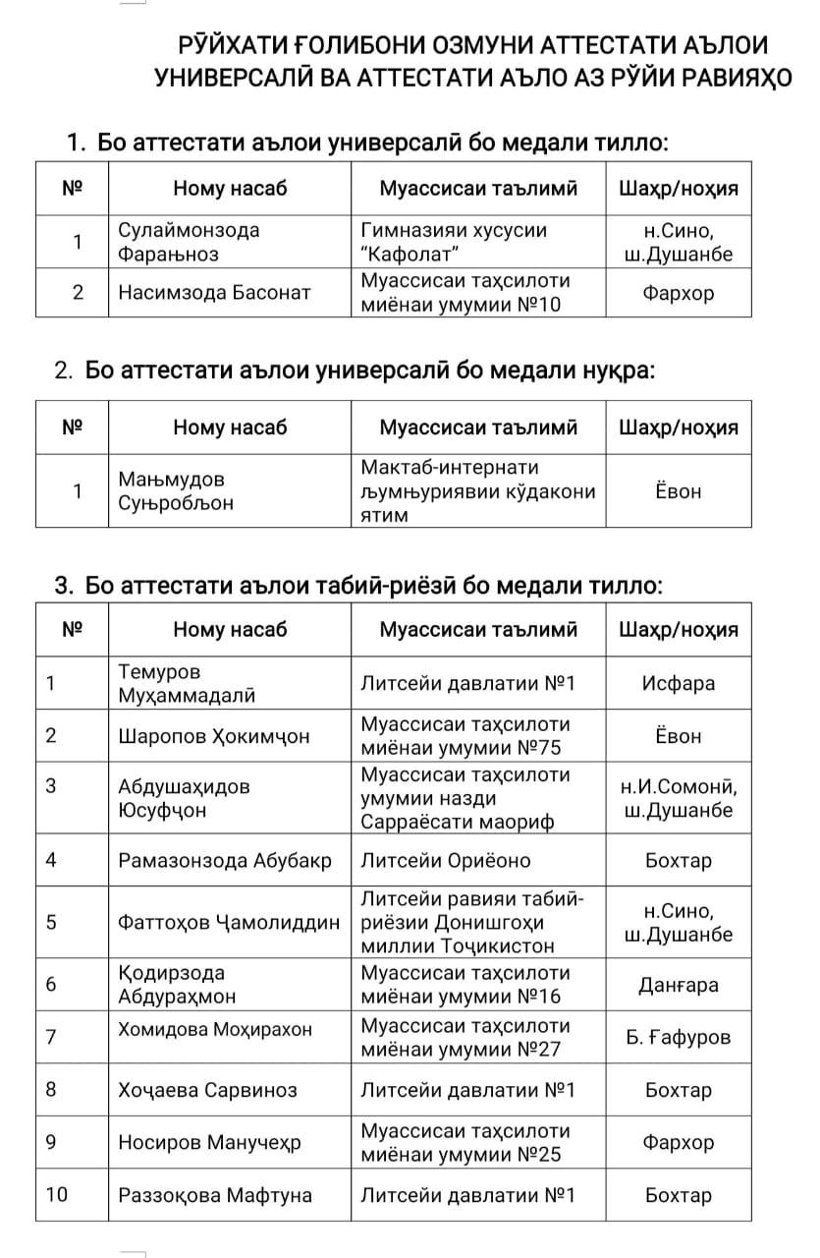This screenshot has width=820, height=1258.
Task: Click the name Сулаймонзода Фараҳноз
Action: pos(189,242)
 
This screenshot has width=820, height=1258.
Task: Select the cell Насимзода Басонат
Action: pos(214,292)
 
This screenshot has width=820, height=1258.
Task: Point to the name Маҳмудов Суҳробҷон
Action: pos(177,491)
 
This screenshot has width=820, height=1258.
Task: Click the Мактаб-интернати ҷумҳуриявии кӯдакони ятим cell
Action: pos(477,490)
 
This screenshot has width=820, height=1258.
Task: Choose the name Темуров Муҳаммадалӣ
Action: pos(187,684)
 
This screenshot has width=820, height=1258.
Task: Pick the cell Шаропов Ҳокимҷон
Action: pos(213,736)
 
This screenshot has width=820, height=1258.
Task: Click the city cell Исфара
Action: pos(678,684)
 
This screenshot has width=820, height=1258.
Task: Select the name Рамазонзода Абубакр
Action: pos(225,861)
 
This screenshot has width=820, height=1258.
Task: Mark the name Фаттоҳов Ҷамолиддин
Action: pos(229,923)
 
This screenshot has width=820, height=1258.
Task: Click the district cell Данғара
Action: pos(678,985)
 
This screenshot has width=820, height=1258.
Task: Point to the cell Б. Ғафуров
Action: pos(678,1037)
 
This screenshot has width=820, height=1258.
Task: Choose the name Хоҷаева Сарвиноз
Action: pos(207,1090)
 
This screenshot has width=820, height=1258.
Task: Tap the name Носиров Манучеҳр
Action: pos(209,1143)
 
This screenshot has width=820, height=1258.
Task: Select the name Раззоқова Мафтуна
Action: pos(215,1196)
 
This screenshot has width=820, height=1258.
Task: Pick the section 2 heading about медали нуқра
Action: pos(355,371)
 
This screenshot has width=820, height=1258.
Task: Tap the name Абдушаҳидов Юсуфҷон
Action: pos(184,799)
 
